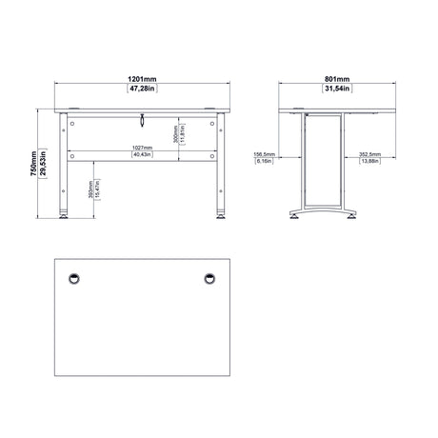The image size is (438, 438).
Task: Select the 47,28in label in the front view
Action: click(142, 91)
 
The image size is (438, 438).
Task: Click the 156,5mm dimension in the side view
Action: click(265, 154)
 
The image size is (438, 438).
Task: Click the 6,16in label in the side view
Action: click(265, 163)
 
